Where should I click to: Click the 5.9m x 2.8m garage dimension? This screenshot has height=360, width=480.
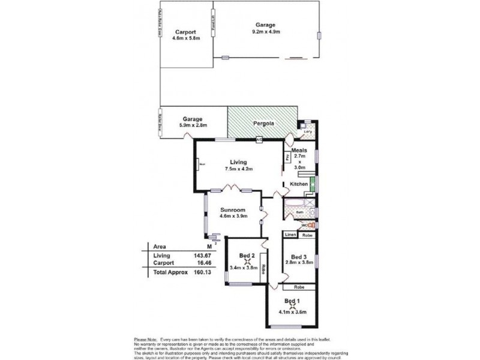pyautogui.click(x=193, y=125)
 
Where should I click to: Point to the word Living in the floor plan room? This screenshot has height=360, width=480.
pyautogui.click(x=239, y=161)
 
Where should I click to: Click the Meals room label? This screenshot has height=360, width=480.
pyautogui.click(x=299, y=150)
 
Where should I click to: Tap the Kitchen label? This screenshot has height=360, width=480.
pyautogui.click(x=299, y=184)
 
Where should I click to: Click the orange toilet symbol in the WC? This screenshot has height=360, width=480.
pyautogui.click(x=311, y=226)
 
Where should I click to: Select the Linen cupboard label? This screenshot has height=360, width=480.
pyautogui.click(x=290, y=235)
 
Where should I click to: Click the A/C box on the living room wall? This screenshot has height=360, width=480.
pyautogui.click(x=259, y=140)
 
